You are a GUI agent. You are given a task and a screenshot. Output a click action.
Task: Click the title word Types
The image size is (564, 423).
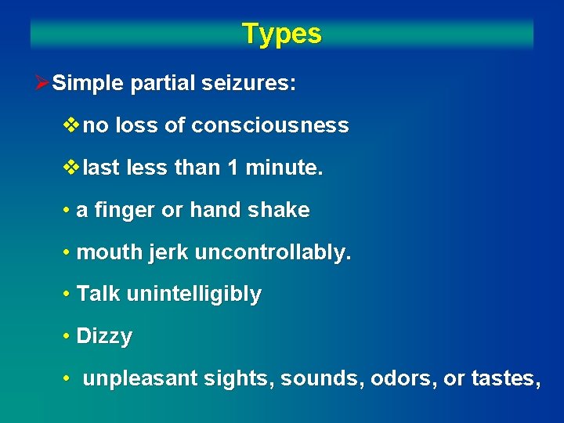click(x=281, y=34)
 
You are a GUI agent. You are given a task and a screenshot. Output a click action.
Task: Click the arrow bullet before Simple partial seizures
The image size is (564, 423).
click(x=43, y=84)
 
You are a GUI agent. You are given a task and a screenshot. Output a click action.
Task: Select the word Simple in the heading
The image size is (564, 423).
click(x=88, y=84)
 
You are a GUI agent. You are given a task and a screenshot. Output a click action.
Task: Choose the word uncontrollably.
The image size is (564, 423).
click(x=273, y=252)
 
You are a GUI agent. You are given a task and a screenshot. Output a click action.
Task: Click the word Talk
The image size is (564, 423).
click(x=98, y=295)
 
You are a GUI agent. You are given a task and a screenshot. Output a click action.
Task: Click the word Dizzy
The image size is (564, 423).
click(x=104, y=337)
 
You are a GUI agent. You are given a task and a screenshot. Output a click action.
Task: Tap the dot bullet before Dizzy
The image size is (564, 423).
click(x=67, y=337)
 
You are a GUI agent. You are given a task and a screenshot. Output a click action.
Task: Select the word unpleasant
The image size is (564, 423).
click(x=140, y=379)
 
